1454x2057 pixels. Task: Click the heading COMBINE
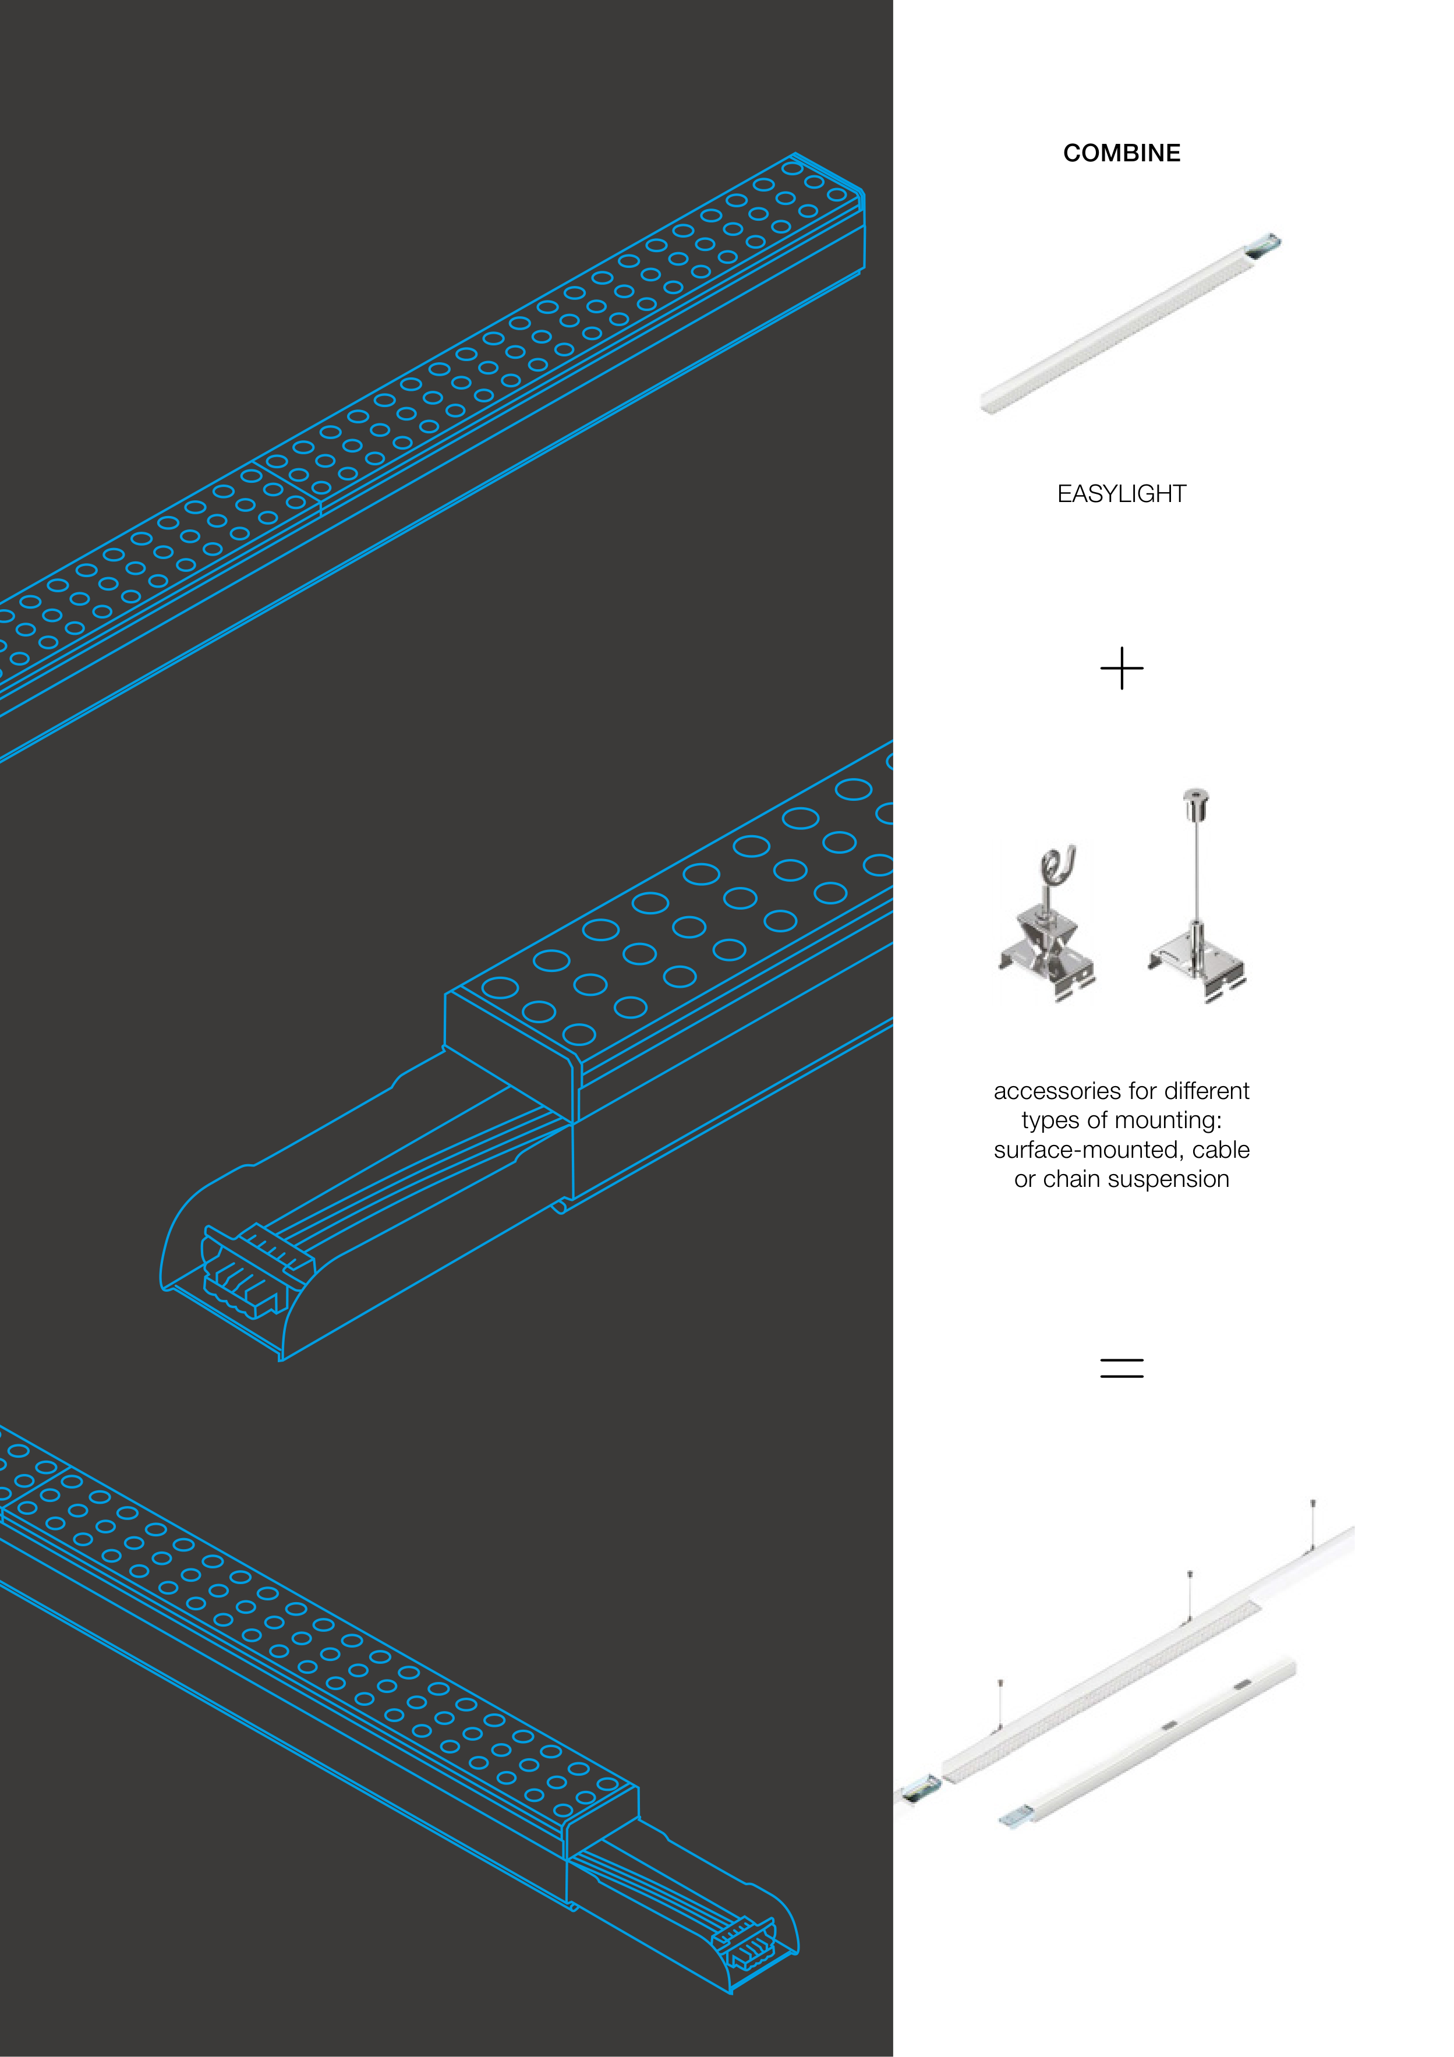1121,153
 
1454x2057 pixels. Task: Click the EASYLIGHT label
1121,494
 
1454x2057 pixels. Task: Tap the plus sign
1121,669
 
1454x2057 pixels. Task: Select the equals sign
1121,1367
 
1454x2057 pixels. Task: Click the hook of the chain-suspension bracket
1057,864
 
